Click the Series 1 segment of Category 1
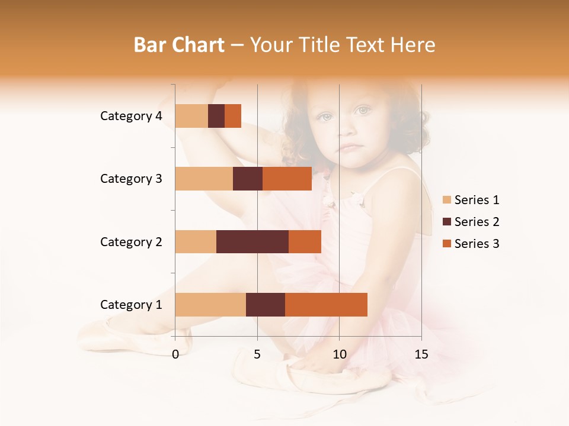tap(210, 305)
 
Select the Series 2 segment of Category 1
tap(266, 305)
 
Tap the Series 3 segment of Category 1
tap(326, 305)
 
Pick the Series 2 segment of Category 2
tap(252, 241)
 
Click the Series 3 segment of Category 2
tap(305, 241)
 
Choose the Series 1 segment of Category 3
tap(204, 179)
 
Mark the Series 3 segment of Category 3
tap(287, 179)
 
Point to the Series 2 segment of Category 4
tap(216, 116)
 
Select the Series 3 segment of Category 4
tap(233, 116)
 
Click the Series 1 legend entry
tap(471, 200)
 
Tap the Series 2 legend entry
tap(471, 222)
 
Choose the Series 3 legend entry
tap(471, 244)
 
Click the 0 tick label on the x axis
tap(175, 354)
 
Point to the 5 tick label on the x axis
tap(257, 354)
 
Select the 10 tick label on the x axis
tap(339, 354)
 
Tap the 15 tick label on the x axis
tap(421, 354)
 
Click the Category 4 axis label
tap(131, 116)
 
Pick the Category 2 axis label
tap(131, 241)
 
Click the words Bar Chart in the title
tap(179, 44)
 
